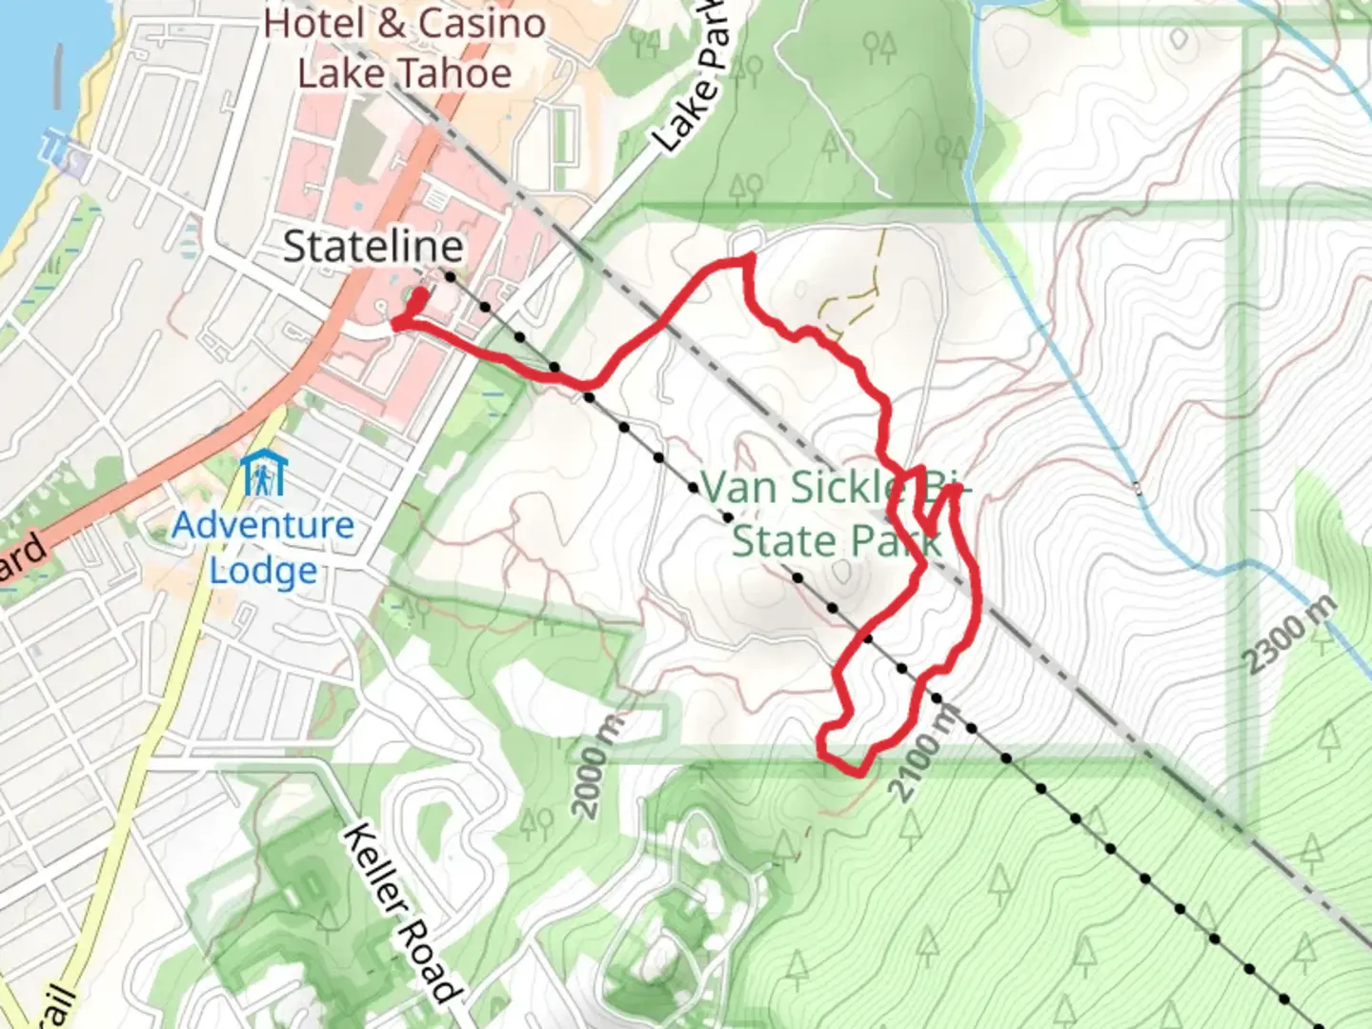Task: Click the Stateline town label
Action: click(x=373, y=248)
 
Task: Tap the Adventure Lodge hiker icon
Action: click(x=262, y=474)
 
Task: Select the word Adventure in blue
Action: click(x=263, y=525)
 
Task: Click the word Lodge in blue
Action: click(x=263, y=571)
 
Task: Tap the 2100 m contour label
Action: click(x=921, y=753)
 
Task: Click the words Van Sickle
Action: click(x=800, y=489)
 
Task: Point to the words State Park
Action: click(x=837, y=541)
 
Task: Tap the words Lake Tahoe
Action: click(x=405, y=73)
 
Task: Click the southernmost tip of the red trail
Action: click(x=860, y=774)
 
